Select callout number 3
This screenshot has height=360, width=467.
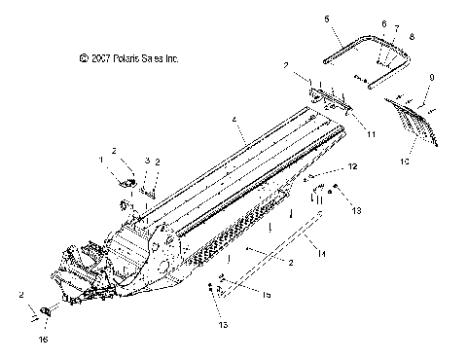tap(147, 160)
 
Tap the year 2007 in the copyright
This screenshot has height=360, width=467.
tap(101, 59)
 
